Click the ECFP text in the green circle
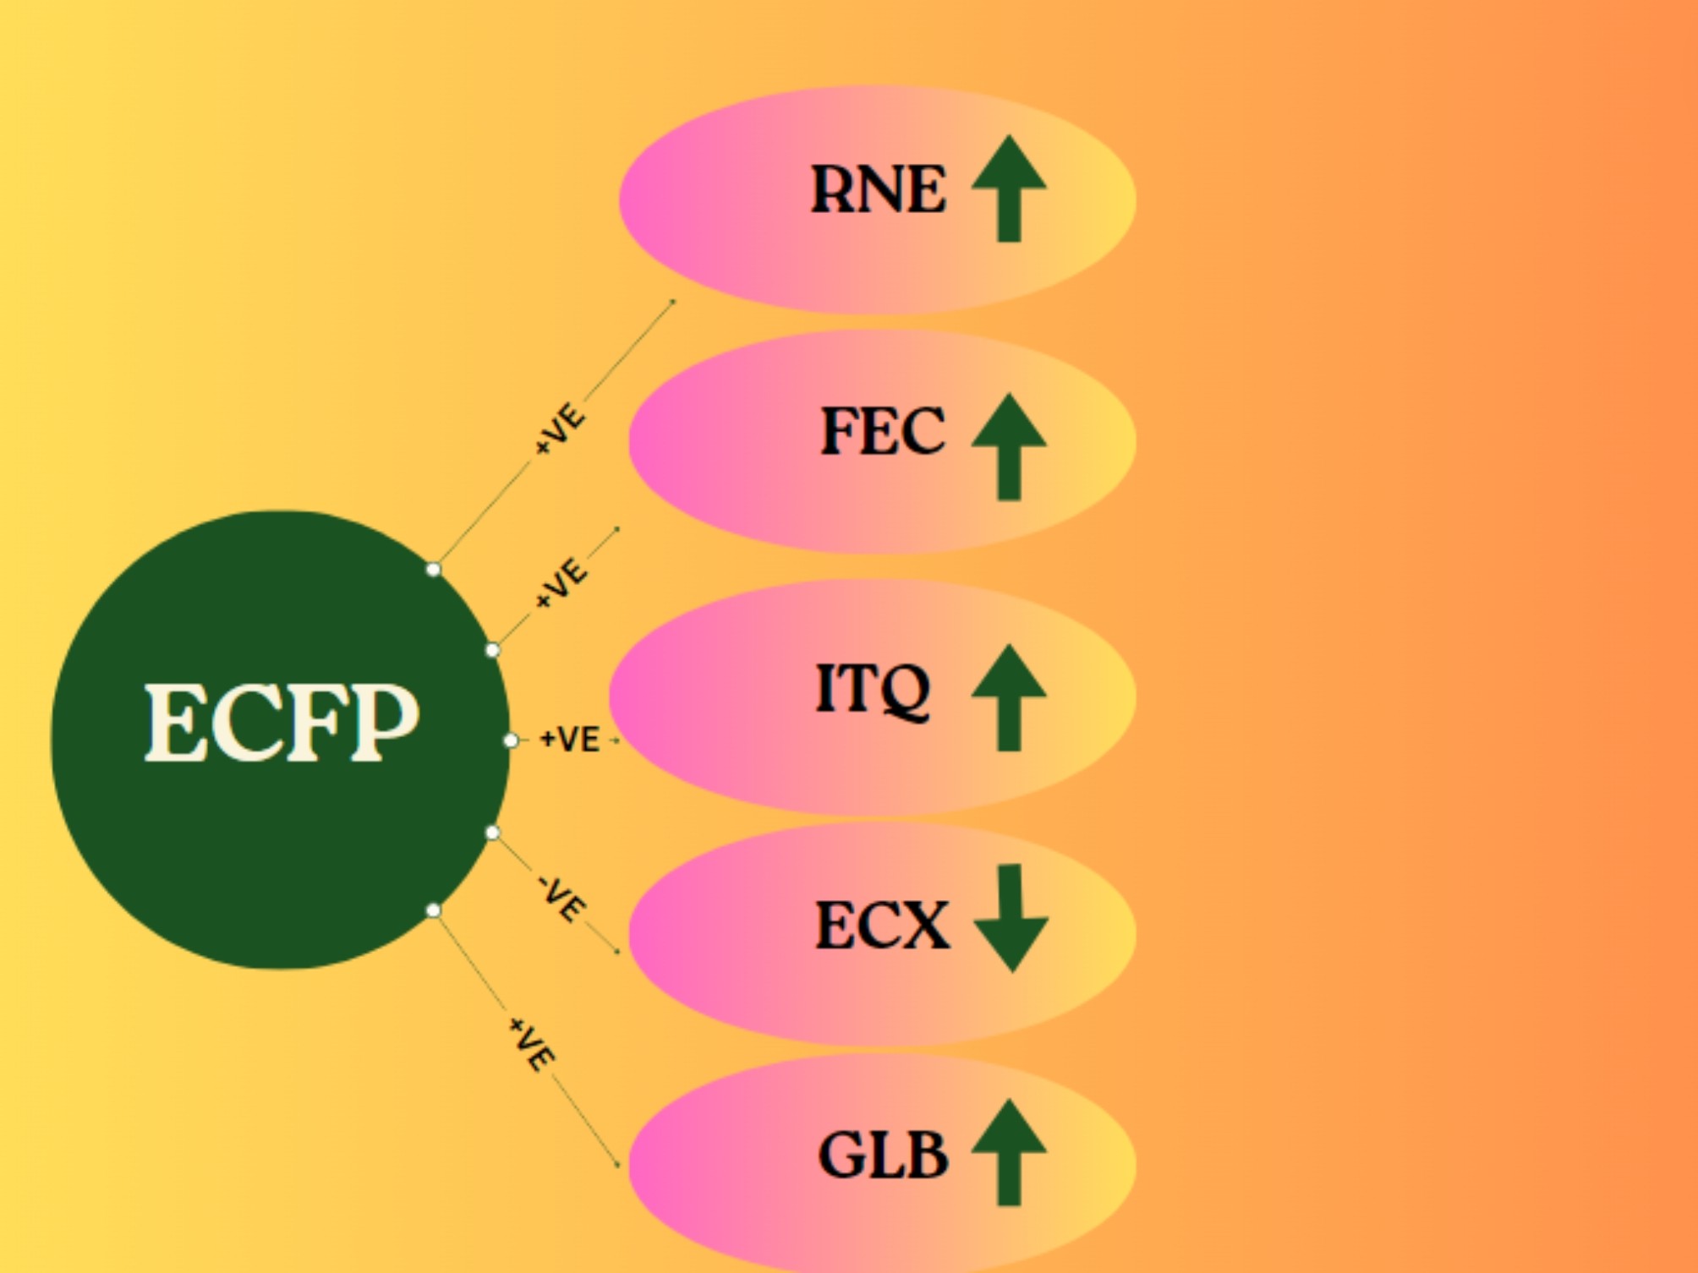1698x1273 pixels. (282, 723)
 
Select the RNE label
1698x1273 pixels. (878, 189)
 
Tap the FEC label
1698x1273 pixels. (883, 431)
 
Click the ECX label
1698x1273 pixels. (882, 925)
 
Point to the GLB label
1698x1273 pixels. (883, 1156)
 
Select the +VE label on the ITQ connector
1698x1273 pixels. (570, 740)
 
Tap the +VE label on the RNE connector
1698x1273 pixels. (560, 429)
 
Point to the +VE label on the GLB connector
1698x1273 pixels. (532, 1045)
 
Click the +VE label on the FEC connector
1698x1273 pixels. (560, 582)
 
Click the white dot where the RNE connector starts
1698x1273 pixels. (433, 569)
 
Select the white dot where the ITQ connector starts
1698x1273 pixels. (511, 740)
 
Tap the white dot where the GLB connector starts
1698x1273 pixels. (433, 910)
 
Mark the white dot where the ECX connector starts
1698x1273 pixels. (492, 833)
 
